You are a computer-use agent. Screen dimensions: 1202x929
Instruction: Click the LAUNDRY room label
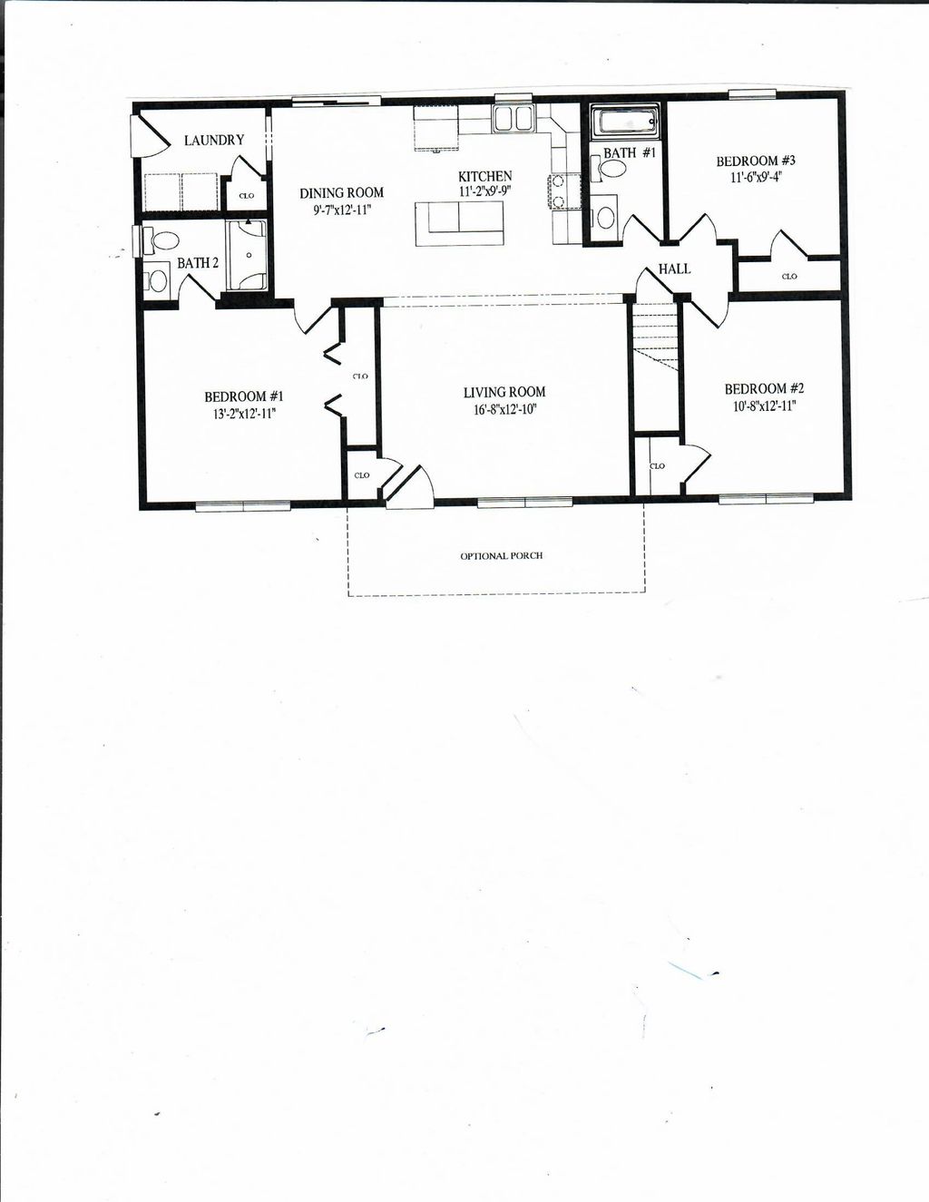(x=214, y=141)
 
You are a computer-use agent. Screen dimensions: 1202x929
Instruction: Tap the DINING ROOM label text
(x=341, y=193)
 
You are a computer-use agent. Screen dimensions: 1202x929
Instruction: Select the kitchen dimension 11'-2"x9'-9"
(x=484, y=191)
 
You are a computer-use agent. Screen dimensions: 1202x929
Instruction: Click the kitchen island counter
(x=459, y=223)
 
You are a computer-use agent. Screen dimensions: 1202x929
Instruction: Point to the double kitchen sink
(x=513, y=119)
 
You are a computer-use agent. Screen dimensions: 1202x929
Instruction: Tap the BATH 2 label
(x=198, y=263)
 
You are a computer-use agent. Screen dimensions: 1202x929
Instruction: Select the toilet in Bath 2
(x=164, y=241)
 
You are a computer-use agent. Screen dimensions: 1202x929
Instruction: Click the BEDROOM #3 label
(x=755, y=161)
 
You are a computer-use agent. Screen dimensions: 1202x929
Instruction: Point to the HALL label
(x=674, y=269)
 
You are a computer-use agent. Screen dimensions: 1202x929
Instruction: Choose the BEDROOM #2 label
(x=764, y=389)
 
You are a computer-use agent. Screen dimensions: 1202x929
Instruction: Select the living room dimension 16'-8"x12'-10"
(x=504, y=409)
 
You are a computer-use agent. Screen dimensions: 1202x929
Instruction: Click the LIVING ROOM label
(x=504, y=393)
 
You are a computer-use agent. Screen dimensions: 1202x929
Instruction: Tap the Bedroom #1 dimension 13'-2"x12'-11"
(x=243, y=414)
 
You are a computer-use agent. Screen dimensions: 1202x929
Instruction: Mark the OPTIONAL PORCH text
(x=501, y=556)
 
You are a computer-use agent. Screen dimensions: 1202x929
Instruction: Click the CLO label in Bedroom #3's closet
(x=789, y=276)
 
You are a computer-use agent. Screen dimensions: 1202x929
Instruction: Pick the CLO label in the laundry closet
(x=246, y=195)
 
